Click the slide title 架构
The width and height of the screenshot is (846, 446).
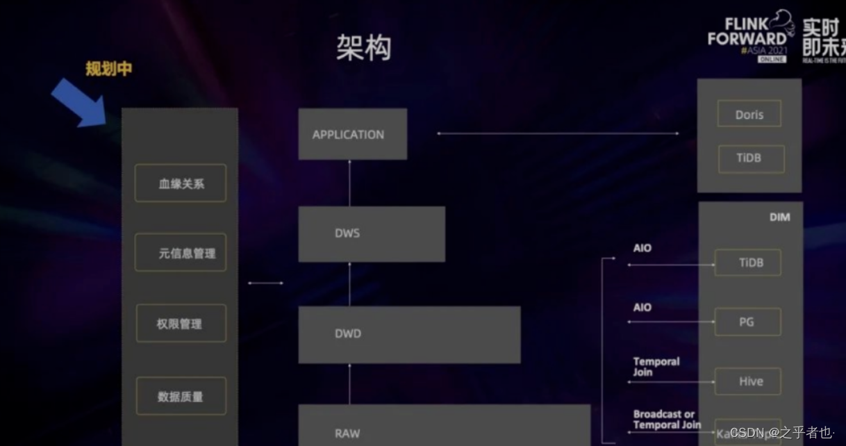[364, 48]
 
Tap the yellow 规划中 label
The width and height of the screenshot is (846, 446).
[108, 69]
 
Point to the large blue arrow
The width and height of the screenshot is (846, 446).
[77, 101]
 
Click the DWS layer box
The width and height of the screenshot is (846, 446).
[371, 233]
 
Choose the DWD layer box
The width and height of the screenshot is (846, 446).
[408, 334]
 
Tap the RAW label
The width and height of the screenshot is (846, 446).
[347, 433]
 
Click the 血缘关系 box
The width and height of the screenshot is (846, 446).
[181, 183]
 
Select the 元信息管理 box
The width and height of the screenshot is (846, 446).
[181, 253]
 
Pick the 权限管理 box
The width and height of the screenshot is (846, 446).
[181, 324]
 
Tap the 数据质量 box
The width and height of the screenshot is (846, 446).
[181, 397]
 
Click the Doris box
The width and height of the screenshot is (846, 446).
[749, 115]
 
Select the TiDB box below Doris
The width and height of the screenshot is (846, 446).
[749, 158]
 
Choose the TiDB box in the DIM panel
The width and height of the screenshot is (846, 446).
[749, 263]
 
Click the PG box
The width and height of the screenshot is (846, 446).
[747, 322]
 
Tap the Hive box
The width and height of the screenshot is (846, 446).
[749, 381]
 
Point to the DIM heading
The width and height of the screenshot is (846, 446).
[779, 217]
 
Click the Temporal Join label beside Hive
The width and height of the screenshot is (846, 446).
[656, 367]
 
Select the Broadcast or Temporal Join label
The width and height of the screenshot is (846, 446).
[666, 420]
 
